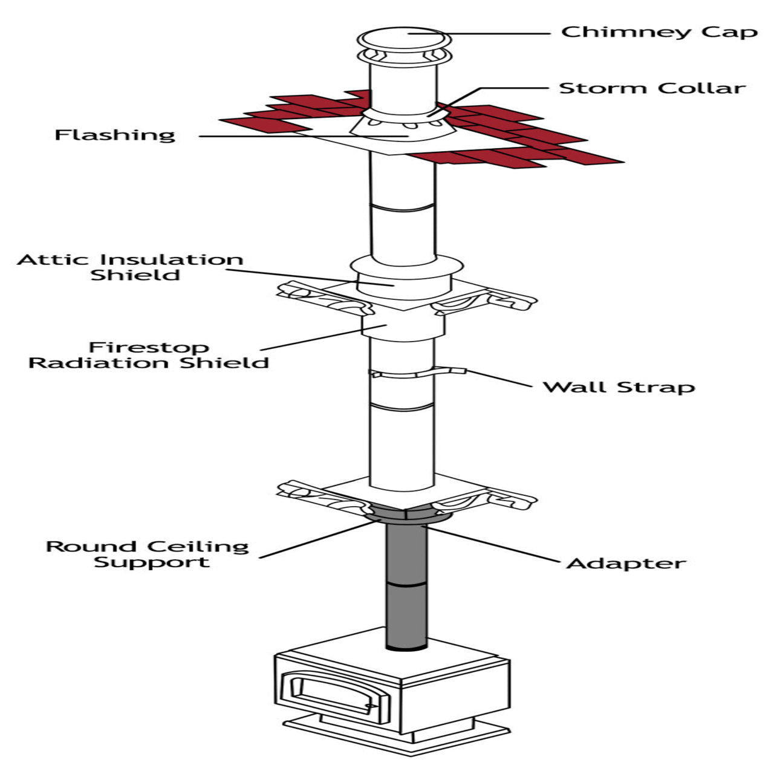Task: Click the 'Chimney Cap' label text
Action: pos(659,31)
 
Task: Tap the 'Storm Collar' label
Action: pos(652,88)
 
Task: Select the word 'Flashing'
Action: pos(115,134)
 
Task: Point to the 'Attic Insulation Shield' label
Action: pos(130,267)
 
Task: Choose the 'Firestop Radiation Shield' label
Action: pos(149,355)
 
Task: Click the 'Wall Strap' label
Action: pos(619,386)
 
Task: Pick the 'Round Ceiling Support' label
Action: pos(148,554)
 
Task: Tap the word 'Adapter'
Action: pos(626,563)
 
